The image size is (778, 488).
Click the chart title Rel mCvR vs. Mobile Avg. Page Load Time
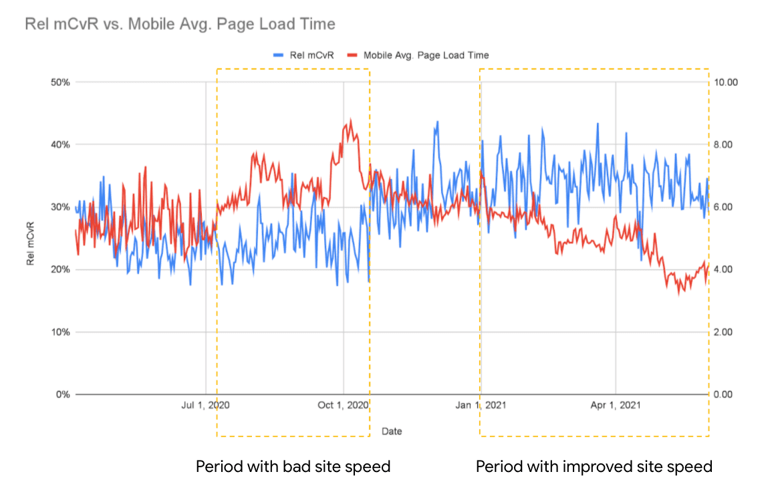tap(180, 25)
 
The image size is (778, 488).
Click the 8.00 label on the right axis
tap(724, 144)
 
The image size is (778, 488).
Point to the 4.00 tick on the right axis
tap(724, 269)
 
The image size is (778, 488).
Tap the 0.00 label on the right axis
tap(724, 394)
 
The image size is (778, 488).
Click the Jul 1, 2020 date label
tap(206, 405)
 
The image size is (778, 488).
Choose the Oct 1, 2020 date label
tap(343, 405)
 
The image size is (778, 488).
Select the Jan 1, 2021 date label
tap(481, 405)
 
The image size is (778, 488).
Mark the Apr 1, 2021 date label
tap(616, 405)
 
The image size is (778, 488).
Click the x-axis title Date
tap(392, 431)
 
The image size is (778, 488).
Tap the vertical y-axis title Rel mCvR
tap(31, 238)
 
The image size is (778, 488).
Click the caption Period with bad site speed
tap(293, 467)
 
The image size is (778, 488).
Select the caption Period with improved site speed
tap(594, 467)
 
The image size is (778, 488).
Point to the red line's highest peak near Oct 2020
tap(350, 121)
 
